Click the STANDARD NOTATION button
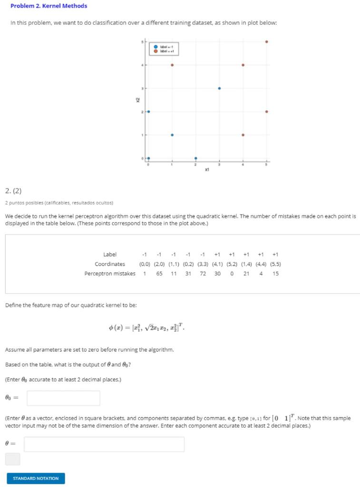coord(36,478)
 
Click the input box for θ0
coord(63,398)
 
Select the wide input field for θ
coord(104,444)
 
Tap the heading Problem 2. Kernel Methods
coord(49,6)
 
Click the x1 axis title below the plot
coord(207,169)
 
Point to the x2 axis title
coord(137,100)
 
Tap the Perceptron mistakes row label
coord(110,273)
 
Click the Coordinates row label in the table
coord(110,264)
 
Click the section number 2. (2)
coord(13,191)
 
